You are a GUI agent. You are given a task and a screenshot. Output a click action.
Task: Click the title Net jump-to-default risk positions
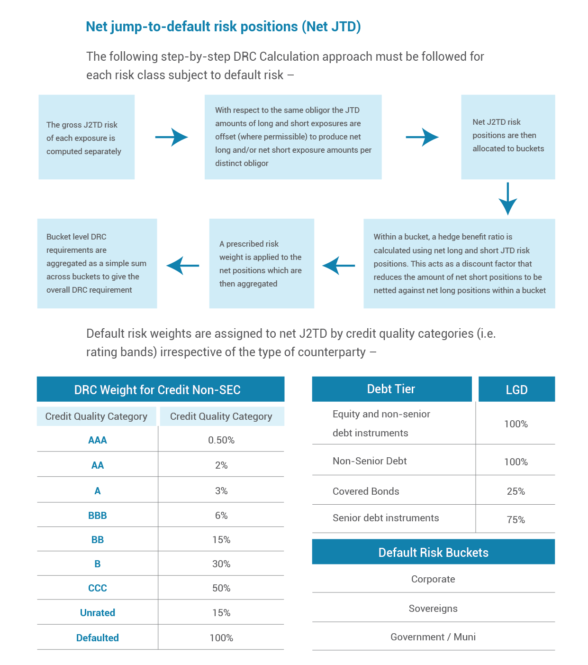(223, 27)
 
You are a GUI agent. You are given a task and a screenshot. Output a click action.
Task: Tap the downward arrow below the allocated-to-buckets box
(507, 199)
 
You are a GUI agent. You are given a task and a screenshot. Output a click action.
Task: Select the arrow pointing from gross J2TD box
(172, 137)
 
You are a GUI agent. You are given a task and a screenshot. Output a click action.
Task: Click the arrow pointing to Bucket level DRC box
(183, 266)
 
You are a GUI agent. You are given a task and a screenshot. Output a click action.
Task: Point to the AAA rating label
(98, 440)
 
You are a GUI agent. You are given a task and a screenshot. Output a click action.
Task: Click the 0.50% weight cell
(221, 440)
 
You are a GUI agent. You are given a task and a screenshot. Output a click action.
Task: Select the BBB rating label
(98, 515)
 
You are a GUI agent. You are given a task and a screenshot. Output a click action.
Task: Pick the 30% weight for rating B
(221, 564)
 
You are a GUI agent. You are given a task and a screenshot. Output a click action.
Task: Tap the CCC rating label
(98, 588)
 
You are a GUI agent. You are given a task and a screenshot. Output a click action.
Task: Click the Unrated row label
(98, 612)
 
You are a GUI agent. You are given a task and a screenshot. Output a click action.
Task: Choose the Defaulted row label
(98, 637)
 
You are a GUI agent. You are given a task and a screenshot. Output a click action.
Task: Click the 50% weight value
(221, 588)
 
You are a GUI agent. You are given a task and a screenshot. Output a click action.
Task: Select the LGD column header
(516, 389)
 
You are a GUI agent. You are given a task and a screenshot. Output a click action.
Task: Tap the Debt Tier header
(391, 389)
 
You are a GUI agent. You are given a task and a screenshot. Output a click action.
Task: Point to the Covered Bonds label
(366, 491)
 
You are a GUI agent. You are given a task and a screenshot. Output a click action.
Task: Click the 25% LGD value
(516, 491)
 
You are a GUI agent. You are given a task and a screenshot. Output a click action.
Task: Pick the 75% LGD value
(516, 519)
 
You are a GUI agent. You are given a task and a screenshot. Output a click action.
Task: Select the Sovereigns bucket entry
(433, 608)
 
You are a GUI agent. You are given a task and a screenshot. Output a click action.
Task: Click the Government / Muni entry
(433, 637)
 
